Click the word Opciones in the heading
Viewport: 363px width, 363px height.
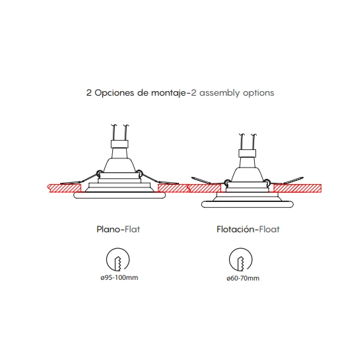click(x=114, y=93)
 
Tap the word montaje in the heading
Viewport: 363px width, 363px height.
click(x=169, y=93)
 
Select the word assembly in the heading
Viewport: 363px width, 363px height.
click(x=220, y=93)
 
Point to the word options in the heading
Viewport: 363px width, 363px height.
click(x=259, y=93)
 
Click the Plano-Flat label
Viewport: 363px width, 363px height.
click(x=118, y=229)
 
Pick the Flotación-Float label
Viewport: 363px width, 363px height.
click(x=248, y=229)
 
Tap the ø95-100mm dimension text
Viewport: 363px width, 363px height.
click(x=119, y=277)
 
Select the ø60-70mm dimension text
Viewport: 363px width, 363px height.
click(x=243, y=278)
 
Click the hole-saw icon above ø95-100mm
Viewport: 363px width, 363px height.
click(x=118, y=259)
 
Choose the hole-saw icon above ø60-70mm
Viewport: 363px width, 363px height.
click(x=241, y=259)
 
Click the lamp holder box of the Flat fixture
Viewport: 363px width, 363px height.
click(x=119, y=144)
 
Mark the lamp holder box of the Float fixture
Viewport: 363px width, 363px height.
click(x=247, y=153)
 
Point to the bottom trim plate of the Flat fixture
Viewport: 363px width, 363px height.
click(x=119, y=195)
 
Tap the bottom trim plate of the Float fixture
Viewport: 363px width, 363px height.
click(x=247, y=204)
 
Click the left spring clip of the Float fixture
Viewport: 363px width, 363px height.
click(x=201, y=180)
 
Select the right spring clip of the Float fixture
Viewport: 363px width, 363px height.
click(x=294, y=181)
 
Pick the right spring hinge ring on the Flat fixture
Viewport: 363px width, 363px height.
click(x=139, y=172)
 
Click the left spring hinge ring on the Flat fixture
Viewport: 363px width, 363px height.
click(x=100, y=173)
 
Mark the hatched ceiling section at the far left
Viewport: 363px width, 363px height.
click(x=64, y=188)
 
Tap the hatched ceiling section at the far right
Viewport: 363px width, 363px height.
click(x=297, y=188)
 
